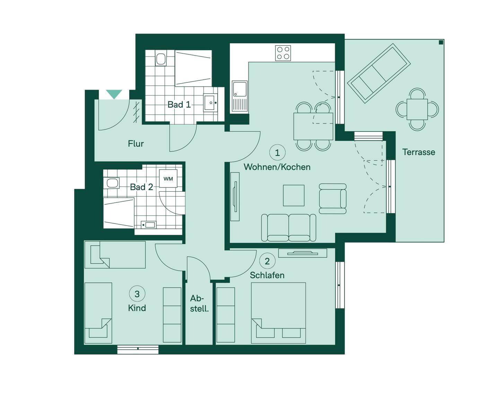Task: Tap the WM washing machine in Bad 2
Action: [168, 179]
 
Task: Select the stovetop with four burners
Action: [283, 53]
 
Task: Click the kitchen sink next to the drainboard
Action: [239, 89]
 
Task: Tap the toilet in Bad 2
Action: [112, 183]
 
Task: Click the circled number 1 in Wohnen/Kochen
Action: [277, 153]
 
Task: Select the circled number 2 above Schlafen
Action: [268, 261]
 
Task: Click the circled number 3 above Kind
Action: [137, 294]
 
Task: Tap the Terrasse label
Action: [419, 152]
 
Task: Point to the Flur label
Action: [135, 144]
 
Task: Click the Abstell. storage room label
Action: [199, 304]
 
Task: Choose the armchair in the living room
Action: [333, 199]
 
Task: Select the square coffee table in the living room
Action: [294, 195]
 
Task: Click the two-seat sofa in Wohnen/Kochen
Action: [288, 228]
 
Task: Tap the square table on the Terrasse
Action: [417, 110]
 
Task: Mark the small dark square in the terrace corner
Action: [441, 42]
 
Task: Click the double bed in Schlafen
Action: [279, 313]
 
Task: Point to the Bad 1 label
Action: [179, 105]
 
